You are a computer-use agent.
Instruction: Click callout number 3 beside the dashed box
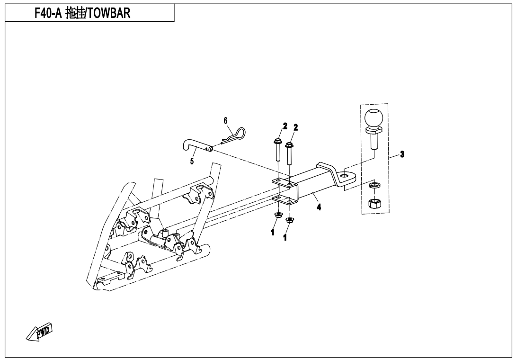[x=402, y=154]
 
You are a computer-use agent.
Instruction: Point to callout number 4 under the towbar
[x=319, y=207]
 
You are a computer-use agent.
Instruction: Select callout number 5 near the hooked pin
[x=192, y=161]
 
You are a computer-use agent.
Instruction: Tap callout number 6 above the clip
[x=226, y=120]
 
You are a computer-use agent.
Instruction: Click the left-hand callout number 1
[x=273, y=233]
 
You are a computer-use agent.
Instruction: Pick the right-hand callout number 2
[x=296, y=127]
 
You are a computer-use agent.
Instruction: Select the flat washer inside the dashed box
[x=374, y=185]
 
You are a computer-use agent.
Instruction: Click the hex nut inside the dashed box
[x=374, y=204]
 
